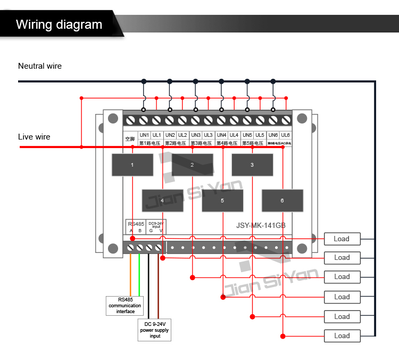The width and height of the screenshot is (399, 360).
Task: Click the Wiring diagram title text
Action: point(59,24)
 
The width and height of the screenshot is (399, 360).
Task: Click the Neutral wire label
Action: point(40,66)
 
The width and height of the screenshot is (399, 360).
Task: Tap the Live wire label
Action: point(34,137)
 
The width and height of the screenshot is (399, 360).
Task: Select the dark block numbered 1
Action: point(132,165)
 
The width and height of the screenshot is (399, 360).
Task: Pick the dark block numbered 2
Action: point(192,165)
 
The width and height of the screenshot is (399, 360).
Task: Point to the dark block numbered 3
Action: point(252,165)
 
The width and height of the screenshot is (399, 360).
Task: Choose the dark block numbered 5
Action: point(222,201)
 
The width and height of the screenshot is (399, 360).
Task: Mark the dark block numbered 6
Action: point(282,201)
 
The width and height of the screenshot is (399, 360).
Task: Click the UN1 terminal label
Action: point(144,135)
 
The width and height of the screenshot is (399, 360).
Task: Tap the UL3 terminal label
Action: point(208,135)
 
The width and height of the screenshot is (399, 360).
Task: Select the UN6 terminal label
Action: point(273,135)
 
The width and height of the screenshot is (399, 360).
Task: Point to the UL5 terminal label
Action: point(260,135)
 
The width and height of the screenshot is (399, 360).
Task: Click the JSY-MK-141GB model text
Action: point(261,225)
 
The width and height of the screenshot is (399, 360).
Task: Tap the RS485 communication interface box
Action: point(125,305)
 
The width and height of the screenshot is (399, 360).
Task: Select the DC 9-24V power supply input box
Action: point(155,330)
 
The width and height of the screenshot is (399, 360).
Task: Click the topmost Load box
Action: point(342,239)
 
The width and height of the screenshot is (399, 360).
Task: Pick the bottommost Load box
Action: point(342,336)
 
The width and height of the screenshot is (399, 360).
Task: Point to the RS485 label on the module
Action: point(136,224)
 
